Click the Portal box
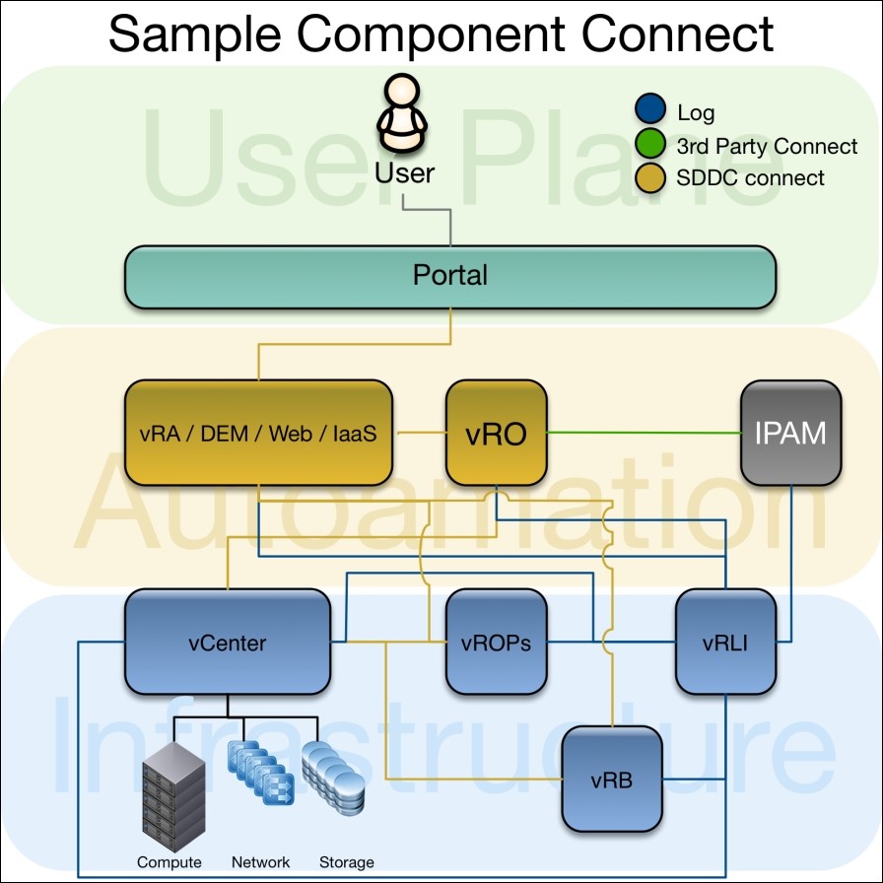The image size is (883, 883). tap(449, 276)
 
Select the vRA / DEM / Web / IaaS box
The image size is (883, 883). tap(258, 433)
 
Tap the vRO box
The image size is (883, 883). tap(496, 433)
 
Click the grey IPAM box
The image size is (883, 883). tap(791, 433)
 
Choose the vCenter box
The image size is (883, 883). tap(227, 644)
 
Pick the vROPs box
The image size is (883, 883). tap(496, 644)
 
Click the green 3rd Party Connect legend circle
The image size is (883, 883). tap(649, 146)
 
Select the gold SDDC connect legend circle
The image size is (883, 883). tap(649, 178)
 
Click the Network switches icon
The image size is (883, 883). tap(260, 773)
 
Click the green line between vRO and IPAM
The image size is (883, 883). tap(641, 433)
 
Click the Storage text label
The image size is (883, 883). tap(346, 862)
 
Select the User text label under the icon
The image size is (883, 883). tap(404, 173)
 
